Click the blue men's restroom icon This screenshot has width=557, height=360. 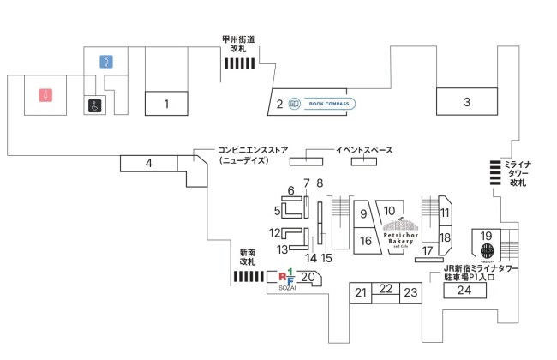tap(106, 62)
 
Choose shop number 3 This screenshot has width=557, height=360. tap(467, 102)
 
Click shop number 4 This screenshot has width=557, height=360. tap(148, 163)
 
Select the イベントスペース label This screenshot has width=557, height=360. tap(363, 151)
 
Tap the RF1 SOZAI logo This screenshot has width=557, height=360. tap(288, 278)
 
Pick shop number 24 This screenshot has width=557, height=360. tap(464, 290)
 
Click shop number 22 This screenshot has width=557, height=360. tap(386, 289)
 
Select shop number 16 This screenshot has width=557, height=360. tap(365, 241)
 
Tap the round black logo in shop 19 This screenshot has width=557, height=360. tap(486, 251)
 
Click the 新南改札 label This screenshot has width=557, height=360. tap(248, 257)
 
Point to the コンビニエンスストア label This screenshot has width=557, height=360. tap(253, 154)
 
